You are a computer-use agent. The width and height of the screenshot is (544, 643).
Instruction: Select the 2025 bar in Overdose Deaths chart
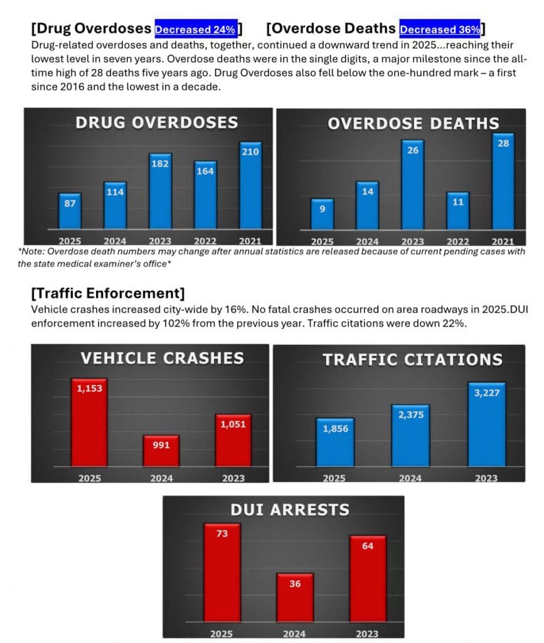(323, 213)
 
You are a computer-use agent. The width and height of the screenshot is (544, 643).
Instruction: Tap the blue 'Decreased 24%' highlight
(196, 29)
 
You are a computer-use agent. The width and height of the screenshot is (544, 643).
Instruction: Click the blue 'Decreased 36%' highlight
(440, 29)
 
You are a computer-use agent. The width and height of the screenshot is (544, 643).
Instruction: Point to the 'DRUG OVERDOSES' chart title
(157, 122)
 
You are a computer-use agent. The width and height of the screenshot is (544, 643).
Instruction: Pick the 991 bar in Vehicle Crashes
(161, 451)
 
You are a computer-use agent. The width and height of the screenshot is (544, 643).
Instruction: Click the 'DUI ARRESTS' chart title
(290, 509)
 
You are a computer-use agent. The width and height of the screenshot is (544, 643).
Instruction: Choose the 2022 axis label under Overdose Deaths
(457, 241)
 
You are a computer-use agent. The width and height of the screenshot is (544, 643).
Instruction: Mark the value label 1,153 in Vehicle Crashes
(90, 389)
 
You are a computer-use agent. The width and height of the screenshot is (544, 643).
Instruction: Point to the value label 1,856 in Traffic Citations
(335, 428)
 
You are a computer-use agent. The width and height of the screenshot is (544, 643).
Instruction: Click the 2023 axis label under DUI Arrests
(367, 633)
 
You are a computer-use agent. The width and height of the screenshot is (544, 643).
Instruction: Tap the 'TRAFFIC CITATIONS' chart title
(412, 359)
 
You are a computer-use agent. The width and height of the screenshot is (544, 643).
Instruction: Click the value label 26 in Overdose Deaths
(413, 151)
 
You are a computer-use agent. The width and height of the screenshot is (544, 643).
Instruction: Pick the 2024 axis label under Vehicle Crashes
(161, 478)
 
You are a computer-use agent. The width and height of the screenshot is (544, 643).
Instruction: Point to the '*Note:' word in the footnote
(31, 251)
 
